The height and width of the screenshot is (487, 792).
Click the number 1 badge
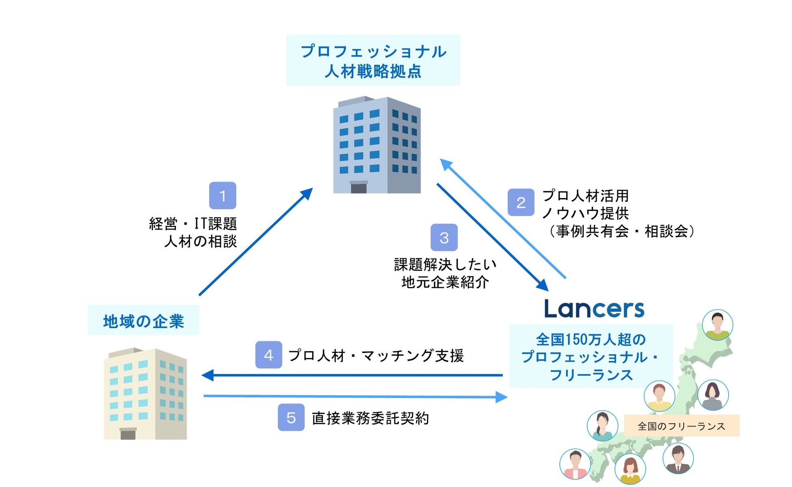pos(223,196)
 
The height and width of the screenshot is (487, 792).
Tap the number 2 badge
pos(521,202)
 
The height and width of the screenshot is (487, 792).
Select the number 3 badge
pos(444,238)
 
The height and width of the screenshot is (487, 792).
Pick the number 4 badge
pos(268,355)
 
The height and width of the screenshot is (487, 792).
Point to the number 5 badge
pos(291,418)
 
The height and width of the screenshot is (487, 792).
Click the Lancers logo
pos(594,309)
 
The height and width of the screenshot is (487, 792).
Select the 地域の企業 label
pos(143,321)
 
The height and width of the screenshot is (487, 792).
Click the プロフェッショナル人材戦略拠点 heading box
pos(373,61)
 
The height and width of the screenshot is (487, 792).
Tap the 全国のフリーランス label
pos(681,426)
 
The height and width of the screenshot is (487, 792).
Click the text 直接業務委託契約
pos(370,418)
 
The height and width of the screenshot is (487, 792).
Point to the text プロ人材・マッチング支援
pos(376,356)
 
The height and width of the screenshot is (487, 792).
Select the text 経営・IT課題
pos(193,223)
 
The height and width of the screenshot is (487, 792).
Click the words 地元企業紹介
pos(445,282)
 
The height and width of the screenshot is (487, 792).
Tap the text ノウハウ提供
pos(585,213)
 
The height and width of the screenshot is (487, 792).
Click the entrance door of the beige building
pos(128,434)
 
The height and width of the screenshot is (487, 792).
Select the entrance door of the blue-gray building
pos(359,188)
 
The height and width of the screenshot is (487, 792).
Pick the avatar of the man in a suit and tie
pos(677,459)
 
